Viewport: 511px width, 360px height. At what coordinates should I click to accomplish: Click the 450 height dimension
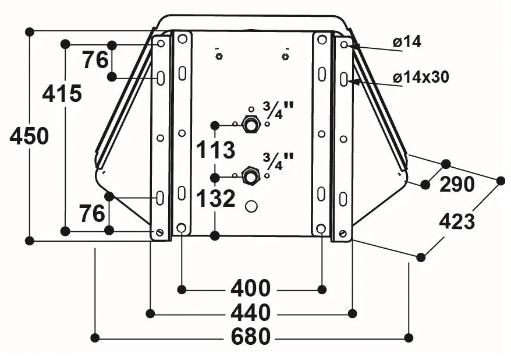tap(29, 136)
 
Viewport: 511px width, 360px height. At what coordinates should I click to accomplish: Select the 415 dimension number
tap(62, 94)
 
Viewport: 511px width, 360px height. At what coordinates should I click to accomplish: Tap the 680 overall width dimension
tap(251, 337)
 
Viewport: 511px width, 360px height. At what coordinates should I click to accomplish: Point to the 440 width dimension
tap(251, 313)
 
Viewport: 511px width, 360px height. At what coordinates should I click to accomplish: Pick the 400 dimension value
tap(251, 288)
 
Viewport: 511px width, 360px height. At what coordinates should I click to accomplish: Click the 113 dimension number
tap(215, 150)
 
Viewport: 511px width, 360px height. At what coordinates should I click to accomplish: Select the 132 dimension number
tap(216, 198)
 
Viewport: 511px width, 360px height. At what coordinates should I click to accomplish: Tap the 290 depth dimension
tap(457, 185)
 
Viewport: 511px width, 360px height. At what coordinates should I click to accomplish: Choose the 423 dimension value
tap(457, 222)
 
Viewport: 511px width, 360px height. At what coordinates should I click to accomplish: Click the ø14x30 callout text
tap(421, 77)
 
